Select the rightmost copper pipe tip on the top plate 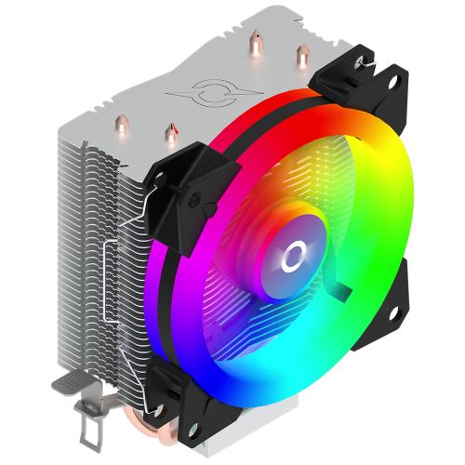(x=302, y=57)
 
